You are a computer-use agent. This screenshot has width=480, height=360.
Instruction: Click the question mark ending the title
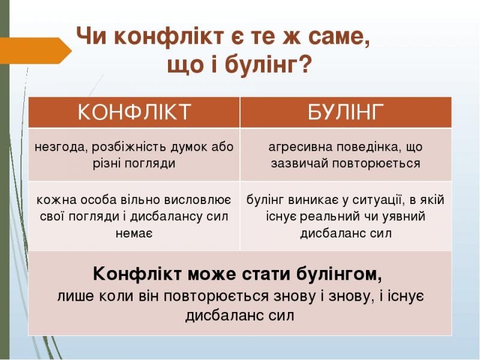point(304,65)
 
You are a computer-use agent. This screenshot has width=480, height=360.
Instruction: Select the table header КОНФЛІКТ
point(134,112)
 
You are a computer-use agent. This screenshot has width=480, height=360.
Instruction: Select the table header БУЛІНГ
point(346,112)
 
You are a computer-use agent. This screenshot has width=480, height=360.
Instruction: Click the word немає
point(134,233)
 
